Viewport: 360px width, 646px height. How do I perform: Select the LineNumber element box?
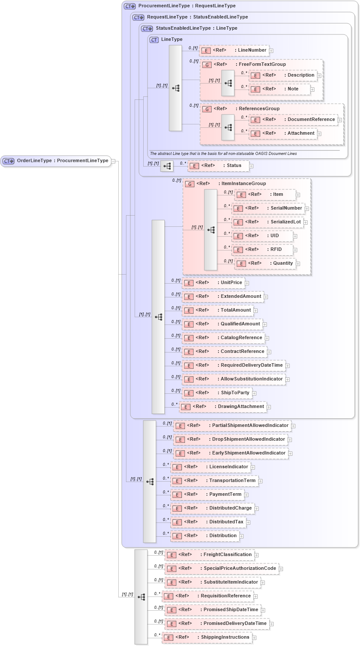(234, 50)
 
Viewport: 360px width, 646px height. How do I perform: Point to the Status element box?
(218, 166)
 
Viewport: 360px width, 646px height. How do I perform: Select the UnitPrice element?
(213, 283)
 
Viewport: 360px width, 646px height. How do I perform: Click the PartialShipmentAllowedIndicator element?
(232, 426)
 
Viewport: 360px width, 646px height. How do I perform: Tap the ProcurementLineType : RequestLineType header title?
(187, 6)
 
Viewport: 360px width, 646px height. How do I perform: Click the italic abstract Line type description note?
(223, 154)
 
